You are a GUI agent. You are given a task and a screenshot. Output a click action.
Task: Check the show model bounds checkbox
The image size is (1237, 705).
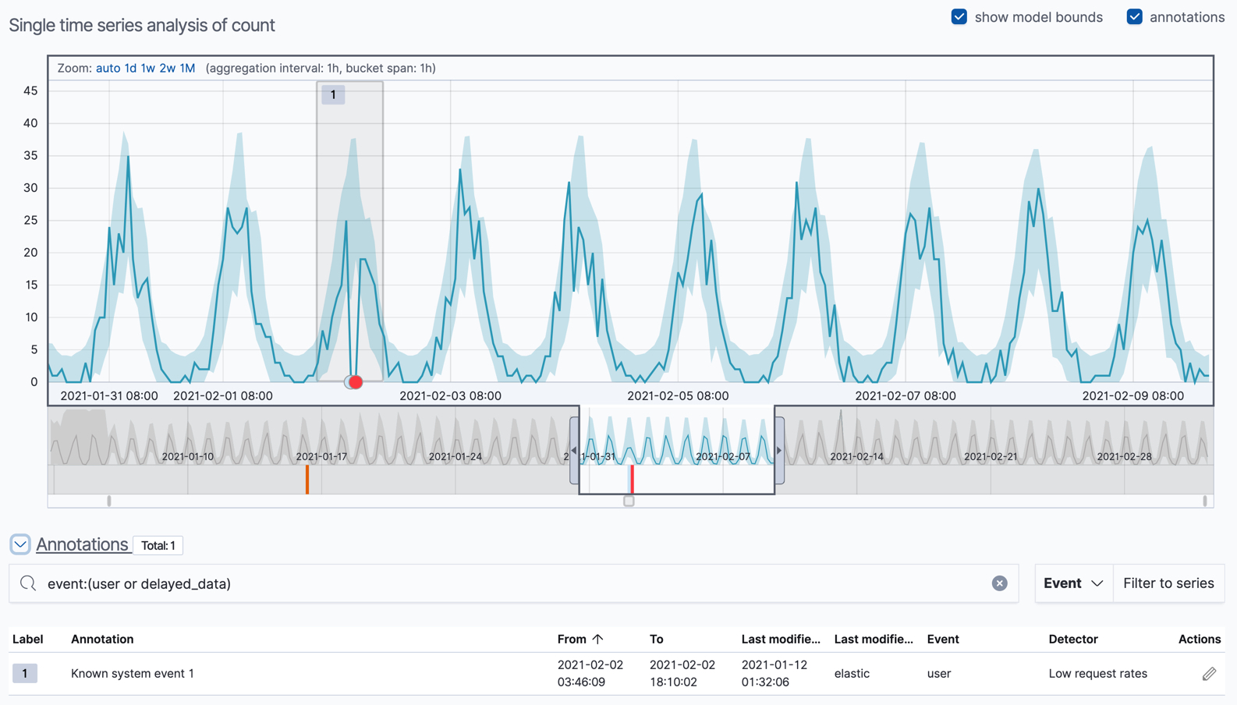pyautogui.click(x=959, y=17)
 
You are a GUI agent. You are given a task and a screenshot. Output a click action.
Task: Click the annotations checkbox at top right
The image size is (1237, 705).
pyautogui.click(x=1134, y=17)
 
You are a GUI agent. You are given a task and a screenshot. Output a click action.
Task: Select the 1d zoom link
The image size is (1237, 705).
pyautogui.click(x=130, y=68)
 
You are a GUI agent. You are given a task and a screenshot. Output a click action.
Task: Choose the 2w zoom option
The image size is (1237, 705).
pyautogui.click(x=167, y=68)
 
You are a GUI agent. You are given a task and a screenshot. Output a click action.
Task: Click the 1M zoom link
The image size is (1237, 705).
pyautogui.click(x=187, y=68)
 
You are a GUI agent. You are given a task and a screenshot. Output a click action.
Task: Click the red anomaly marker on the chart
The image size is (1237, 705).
pyautogui.click(x=356, y=382)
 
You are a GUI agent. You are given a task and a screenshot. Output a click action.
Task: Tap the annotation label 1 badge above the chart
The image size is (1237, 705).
pyautogui.click(x=333, y=94)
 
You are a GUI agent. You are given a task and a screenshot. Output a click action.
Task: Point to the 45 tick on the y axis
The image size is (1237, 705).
pyautogui.click(x=30, y=90)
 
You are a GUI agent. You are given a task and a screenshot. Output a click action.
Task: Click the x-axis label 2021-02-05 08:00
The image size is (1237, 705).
pyautogui.click(x=677, y=395)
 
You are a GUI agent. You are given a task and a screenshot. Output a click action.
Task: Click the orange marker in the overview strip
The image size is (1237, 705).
pyautogui.click(x=307, y=479)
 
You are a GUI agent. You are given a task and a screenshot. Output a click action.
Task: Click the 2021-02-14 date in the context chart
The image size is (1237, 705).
pyautogui.click(x=856, y=456)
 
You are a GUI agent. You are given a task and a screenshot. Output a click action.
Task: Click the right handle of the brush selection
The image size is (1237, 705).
pyautogui.click(x=779, y=450)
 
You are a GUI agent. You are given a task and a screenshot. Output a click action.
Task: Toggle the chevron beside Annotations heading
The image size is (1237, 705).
pyautogui.click(x=20, y=544)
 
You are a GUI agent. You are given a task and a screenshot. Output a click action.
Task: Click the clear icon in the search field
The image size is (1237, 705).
pyautogui.click(x=999, y=583)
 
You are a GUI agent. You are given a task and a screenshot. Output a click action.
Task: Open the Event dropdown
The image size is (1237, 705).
pyautogui.click(x=1073, y=583)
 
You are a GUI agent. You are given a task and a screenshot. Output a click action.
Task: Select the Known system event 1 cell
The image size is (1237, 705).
pyautogui.click(x=133, y=673)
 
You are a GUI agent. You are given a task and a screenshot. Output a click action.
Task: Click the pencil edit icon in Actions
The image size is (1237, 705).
pyautogui.click(x=1208, y=673)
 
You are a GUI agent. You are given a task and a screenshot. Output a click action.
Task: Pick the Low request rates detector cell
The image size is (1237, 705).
pyautogui.click(x=1097, y=673)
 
